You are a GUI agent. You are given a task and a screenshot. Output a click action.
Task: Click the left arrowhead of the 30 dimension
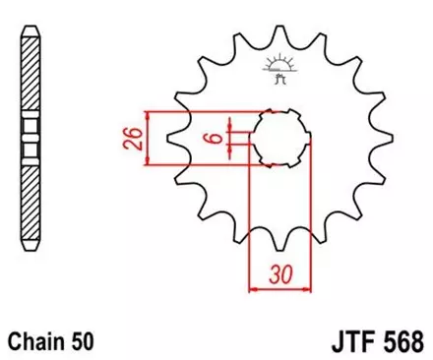[x=252, y=289]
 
